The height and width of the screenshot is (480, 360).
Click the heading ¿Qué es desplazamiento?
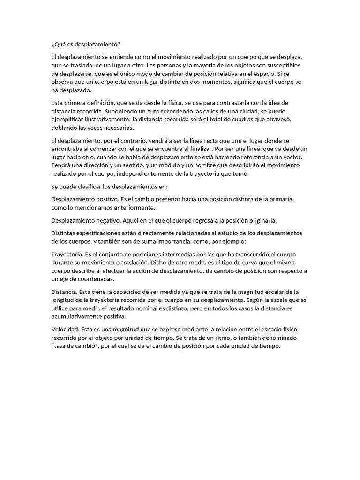[86, 45]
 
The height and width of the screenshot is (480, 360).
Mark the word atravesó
[291, 120]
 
